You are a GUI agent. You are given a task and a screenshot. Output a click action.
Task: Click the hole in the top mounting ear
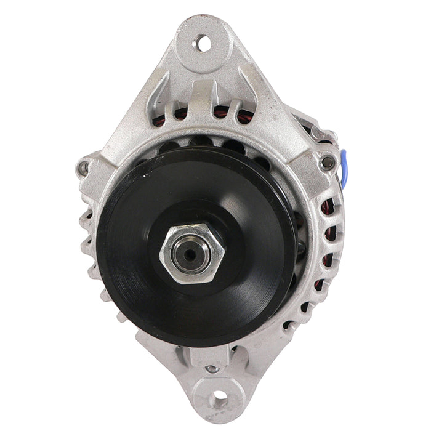[201, 44]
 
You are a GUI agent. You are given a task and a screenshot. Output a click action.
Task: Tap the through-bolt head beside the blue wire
[328, 163]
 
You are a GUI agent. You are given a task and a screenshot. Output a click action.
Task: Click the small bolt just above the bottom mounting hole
[212, 368]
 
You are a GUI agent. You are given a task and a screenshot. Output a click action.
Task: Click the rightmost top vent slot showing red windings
[244, 116]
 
